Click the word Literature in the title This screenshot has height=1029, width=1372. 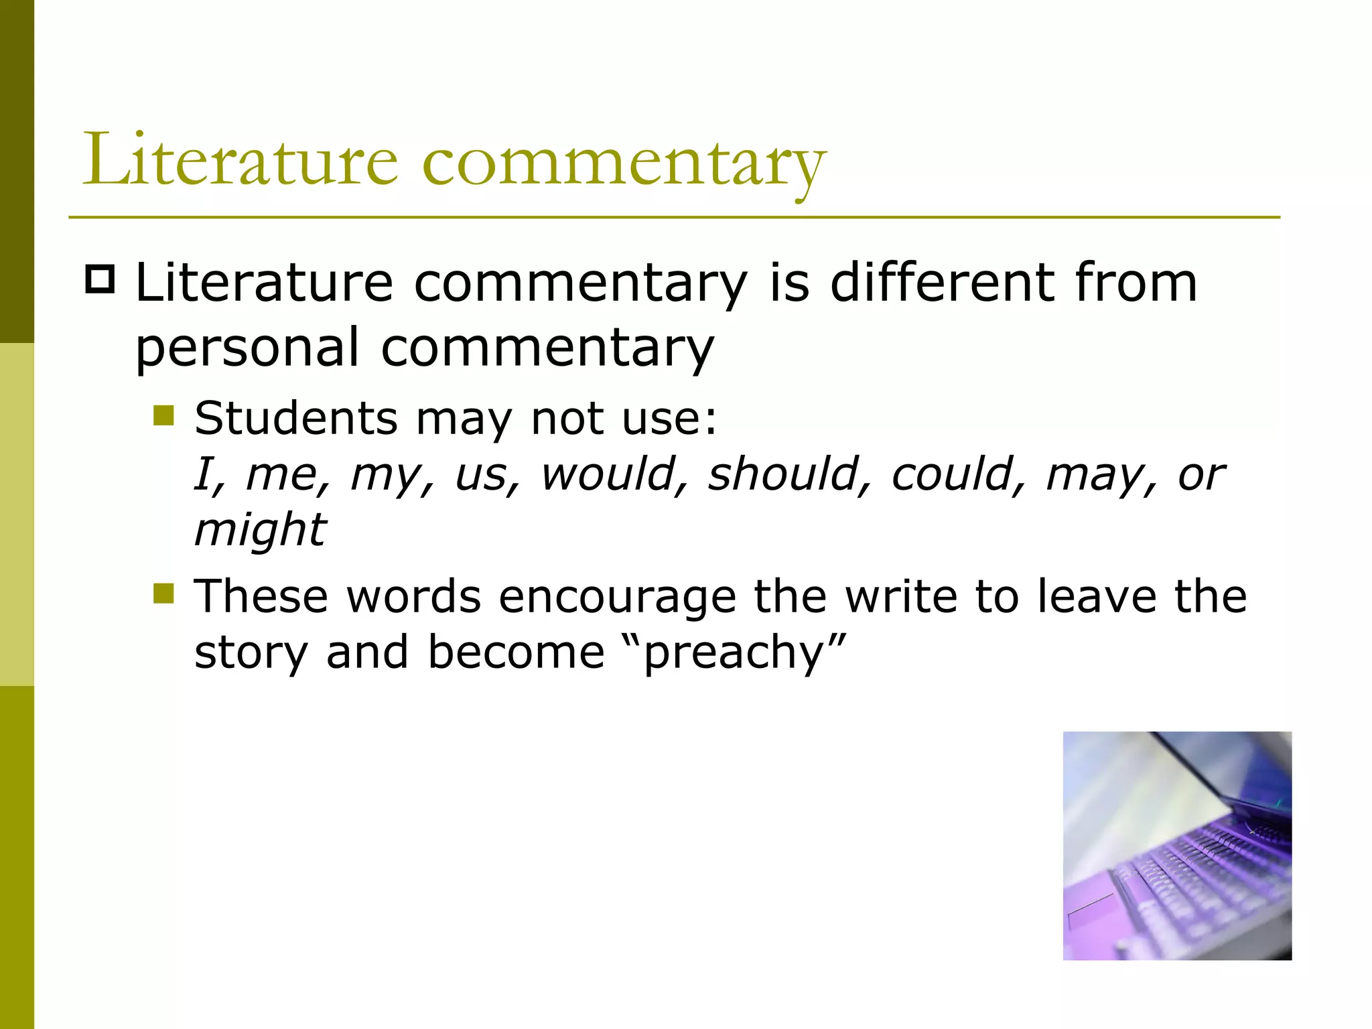pos(240,161)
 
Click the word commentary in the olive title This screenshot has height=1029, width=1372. pos(624,164)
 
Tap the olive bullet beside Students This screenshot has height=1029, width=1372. pos(163,415)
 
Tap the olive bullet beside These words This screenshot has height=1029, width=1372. pos(163,594)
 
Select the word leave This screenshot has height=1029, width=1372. pos(1097,596)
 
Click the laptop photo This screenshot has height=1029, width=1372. pos(1177,845)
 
